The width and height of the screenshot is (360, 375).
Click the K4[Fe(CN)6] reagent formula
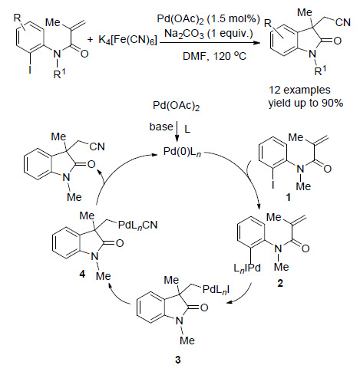128,41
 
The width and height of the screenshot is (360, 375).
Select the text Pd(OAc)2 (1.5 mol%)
209,19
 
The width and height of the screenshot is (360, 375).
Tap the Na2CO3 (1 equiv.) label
209,34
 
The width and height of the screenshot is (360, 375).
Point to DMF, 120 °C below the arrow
214,56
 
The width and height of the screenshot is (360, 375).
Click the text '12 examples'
299,90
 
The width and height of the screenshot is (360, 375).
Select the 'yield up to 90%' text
306,103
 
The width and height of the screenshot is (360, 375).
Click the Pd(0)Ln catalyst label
182,152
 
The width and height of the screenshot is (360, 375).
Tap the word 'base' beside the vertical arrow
161,127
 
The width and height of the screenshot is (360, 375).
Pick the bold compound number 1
289,197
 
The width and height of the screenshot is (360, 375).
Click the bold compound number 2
280,283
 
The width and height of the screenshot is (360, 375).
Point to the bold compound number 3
178,360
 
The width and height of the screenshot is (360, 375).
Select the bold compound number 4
82,275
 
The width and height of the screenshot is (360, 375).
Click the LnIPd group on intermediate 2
247,268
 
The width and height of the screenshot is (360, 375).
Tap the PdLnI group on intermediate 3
216,290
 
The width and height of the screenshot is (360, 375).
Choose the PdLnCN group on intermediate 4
137,225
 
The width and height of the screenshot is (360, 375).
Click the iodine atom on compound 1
273,184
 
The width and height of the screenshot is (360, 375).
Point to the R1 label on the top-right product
321,71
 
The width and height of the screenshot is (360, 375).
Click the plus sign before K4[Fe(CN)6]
90,40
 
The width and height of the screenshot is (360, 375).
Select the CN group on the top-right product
343,22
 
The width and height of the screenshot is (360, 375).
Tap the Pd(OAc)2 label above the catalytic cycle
177,106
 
